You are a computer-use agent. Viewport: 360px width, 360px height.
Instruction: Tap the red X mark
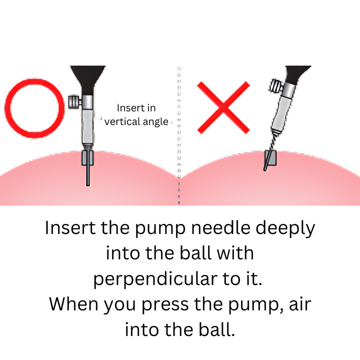point(223,107)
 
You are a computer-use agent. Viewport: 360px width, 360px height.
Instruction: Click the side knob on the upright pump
point(74,102)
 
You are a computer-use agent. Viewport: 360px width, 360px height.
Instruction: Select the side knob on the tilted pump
point(275,86)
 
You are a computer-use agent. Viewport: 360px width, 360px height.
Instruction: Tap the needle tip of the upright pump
point(88,185)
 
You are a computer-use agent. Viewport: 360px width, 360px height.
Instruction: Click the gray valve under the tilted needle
point(270,157)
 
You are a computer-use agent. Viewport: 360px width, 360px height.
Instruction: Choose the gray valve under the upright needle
point(87,157)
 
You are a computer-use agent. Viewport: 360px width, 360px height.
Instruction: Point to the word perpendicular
point(155,280)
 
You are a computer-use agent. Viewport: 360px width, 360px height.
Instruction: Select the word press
point(165,306)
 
